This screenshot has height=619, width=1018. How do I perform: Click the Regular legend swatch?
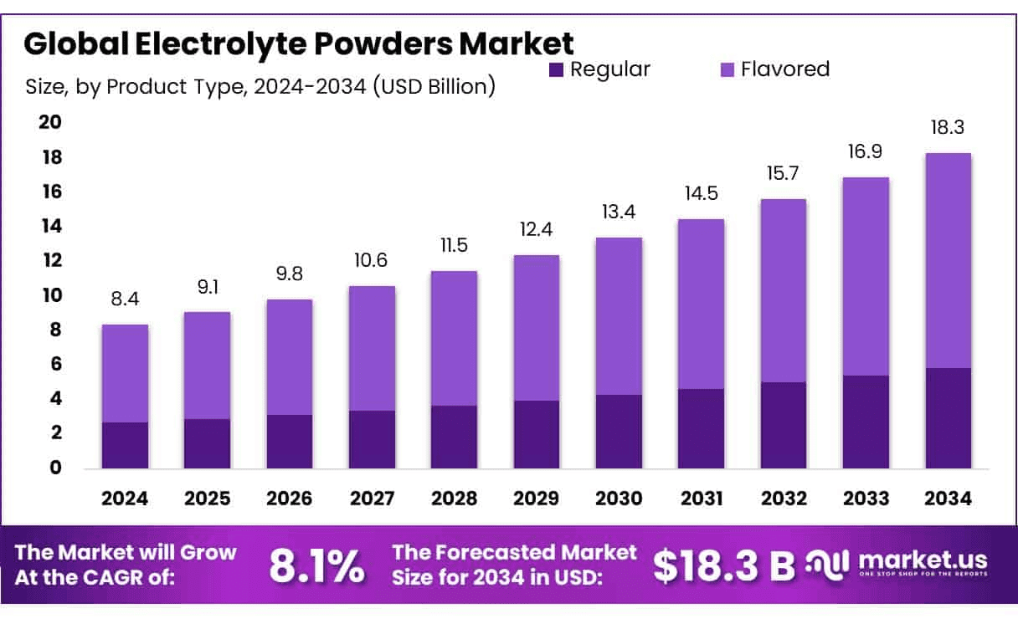[557, 70]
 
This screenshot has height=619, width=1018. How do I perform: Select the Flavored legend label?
[785, 69]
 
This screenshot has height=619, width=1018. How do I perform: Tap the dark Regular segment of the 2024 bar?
[125, 445]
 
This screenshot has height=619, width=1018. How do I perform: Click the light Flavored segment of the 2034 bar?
[949, 260]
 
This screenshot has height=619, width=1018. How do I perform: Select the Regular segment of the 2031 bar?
[701, 428]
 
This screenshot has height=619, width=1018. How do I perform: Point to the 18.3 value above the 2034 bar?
[949, 128]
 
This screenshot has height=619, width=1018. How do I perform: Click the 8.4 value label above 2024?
[125, 299]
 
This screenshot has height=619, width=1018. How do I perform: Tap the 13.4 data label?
[619, 212]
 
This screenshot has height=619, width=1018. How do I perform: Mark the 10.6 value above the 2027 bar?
[372, 261]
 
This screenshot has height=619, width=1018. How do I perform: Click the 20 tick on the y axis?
[50, 123]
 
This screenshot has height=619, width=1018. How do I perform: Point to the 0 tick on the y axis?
[56, 468]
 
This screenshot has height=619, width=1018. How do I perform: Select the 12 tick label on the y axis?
[50, 261]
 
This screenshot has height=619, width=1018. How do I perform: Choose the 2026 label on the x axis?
[290, 499]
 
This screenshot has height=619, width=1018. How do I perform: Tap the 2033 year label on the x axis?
[866, 499]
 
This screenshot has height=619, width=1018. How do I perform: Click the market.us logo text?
[923, 560]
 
